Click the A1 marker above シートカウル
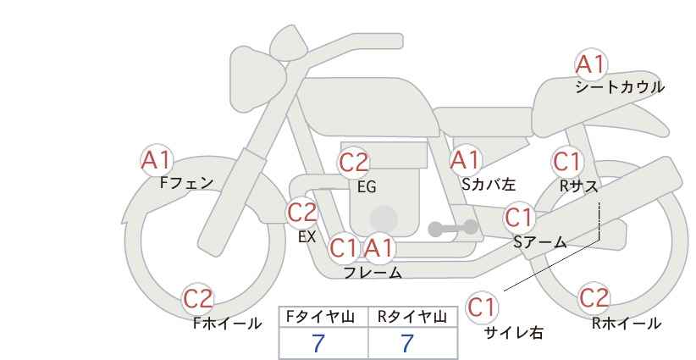coord(591,64)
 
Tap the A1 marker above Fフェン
coord(157,160)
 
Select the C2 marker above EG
coord(354,163)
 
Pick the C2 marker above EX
coord(302,213)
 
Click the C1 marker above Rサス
coord(567,162)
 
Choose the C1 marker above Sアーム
coord(519,218)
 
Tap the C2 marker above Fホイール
coord(198,299)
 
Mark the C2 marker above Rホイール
coord(594,297)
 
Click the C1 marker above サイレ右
coord(482,307)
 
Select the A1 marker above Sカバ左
coord(465,160)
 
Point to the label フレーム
coord(373,273)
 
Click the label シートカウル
coord(620,87)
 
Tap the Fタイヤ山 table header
coord(320,317)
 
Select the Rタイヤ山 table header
coord(412,317)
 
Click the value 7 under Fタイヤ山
coord(318,344)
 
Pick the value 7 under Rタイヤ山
coord(407,344)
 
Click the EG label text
coord(367,187)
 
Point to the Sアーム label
coord(540,242)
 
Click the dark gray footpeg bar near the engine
coord(453,228)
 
